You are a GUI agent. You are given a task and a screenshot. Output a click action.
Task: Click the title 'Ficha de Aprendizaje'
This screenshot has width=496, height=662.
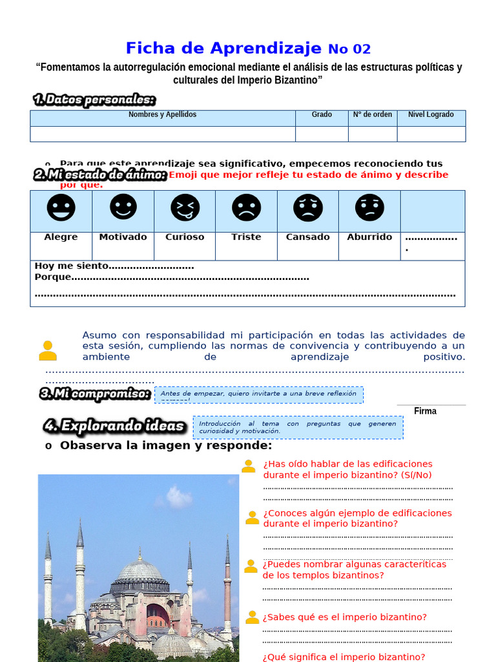pyautogui.click(x=223, y=48)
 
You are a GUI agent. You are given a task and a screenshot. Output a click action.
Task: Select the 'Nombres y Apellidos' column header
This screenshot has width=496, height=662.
pyautogui.click(x=162, y=115)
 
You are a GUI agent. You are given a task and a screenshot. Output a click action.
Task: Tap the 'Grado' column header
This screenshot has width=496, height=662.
pyautogui.click(x=322, y=115)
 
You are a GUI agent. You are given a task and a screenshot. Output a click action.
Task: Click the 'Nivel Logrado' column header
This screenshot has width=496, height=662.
pyautogui.click(x=431, y=115)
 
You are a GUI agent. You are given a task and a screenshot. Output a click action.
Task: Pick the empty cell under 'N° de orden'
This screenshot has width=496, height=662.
pyautogui.click(x=373, y=134)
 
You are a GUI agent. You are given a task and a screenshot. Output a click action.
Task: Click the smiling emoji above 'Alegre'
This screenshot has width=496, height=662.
pyautogui.click(x=61, y=208)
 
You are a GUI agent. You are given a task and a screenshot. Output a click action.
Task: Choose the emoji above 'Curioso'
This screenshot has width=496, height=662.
pyautogui.click(x=185, y=208)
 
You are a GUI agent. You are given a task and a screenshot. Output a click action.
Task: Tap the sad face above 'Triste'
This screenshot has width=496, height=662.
pyautogui.click(x=247, y=208)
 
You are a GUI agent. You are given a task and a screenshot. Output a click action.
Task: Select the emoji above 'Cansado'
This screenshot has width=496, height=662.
pyautogui.click(x=308, y=208)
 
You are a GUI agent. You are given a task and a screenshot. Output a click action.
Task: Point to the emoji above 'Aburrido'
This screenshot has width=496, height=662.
pyautogui.click(x=369, y=208)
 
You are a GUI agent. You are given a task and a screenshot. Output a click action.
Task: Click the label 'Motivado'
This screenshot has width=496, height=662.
pyautogui.click(x=123, y=237)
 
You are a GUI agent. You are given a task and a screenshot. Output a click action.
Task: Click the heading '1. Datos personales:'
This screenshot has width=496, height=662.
pyautogui.click(x=94, y=100)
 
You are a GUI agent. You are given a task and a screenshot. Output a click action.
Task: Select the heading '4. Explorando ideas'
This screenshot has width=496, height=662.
pyautogui.click(x=115, y=426)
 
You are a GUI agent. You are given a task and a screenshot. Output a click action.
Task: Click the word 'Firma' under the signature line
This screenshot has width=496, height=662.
pyautogui.click(x=425, y=411)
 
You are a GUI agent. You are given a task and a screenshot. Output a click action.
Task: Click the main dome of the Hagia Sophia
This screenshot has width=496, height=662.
pyautogui.click(x=139, y=571)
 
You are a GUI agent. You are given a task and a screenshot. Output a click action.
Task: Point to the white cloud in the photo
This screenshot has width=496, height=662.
pyautogui.click(x=178, y=497)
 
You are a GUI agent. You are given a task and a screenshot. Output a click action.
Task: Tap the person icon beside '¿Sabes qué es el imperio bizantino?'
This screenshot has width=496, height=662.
pyautogui.click(x=252, y=617)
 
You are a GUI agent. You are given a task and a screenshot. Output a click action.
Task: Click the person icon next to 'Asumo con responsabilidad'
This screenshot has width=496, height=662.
pyautogui.click(x=48, y=350)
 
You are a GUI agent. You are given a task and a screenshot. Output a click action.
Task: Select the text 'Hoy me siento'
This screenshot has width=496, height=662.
pyautogui.click(x=72, y=266)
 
